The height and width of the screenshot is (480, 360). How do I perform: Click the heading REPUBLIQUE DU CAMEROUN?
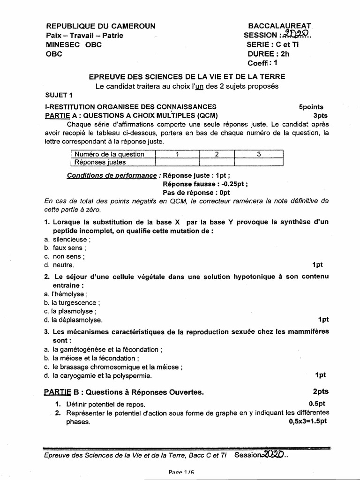(x=100, y=26)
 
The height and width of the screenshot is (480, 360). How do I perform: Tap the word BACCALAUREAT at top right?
(x=279, y=26)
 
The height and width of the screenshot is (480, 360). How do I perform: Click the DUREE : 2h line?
(x=269, y=54)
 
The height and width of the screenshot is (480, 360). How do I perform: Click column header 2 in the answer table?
(x=217, y=154)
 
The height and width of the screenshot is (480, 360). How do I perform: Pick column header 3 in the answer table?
(x=259, y=154)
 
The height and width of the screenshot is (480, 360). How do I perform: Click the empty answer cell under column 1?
(x=177, y=162)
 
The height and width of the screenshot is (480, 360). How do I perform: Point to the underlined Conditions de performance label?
(x=112, y=175)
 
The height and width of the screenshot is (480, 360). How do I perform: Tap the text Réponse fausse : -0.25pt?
(x=205, y=184)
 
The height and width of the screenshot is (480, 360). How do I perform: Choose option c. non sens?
(x=65, y=256)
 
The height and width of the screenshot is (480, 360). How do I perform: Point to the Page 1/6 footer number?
(x=181, y=473)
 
